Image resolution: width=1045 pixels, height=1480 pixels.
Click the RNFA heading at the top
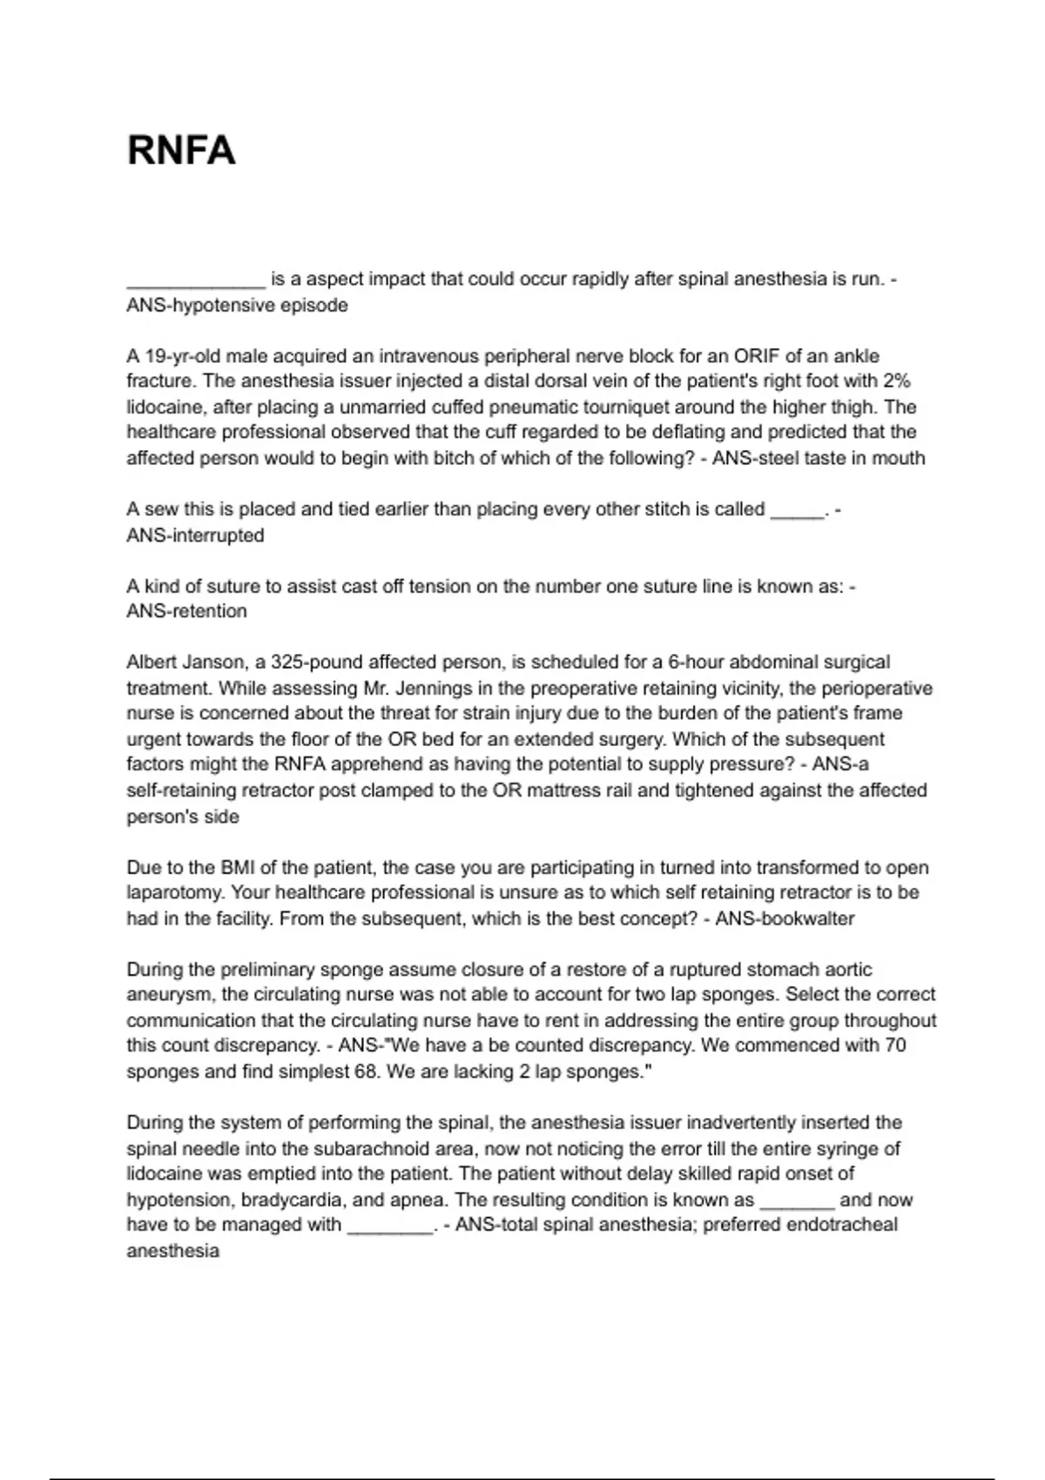pyautogui.click(x=181, y=151)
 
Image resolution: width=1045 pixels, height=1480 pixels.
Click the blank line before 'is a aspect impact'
pyautogui.click(x=195, y=280)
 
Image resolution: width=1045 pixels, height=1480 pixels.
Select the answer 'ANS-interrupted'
pyautogui.click(x=195, y=535)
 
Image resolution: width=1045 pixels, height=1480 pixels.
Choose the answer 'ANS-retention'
pyautogui.click(x=186, y=611)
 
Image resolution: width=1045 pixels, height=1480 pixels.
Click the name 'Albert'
pyautogui.click(x=152, y=663)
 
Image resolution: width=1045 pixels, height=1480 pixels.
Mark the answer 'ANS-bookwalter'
pyautogui.click(x=785, y=918)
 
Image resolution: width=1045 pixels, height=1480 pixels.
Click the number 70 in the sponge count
pyautogui.click(x=895, y=1046)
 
